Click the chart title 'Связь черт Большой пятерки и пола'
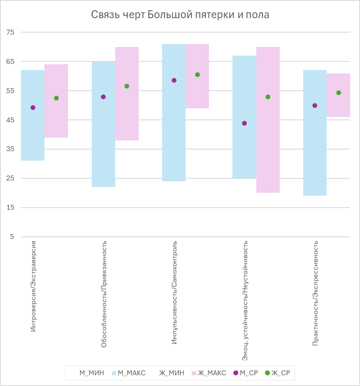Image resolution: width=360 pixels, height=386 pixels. (180, 15)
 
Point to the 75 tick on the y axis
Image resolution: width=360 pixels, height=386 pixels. (9, 32)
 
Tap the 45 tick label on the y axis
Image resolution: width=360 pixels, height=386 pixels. (9, 120)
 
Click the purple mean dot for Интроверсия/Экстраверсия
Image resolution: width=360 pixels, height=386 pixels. (33, 108)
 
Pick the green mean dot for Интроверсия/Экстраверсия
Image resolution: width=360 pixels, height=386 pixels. (56, 98)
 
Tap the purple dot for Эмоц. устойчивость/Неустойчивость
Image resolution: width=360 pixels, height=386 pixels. (244, 123)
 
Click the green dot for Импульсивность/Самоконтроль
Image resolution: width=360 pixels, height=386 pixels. (197, 75)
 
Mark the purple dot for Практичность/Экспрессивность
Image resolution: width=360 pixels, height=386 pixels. (315, 105)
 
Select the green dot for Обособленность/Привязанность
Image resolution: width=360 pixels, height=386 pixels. (127, 86)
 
